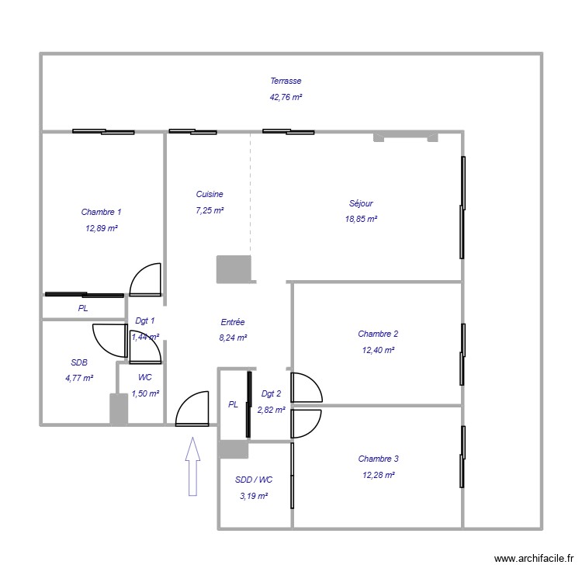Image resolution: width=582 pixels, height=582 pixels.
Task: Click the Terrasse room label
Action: (286, 81)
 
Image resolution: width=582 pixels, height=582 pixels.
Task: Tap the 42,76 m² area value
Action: (286, 98)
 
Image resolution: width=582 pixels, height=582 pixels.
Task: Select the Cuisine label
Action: (210, 195)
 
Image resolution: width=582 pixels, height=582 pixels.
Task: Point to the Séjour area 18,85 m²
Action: (361, 220)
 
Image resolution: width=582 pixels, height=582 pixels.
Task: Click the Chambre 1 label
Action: (101, 212)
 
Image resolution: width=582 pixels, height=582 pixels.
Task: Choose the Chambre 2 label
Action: (378, 334)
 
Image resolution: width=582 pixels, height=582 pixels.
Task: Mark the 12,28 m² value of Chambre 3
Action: (378, 475)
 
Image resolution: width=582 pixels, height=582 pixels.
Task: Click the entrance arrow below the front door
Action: (192, 466)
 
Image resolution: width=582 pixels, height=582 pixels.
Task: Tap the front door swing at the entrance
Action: (192, 408)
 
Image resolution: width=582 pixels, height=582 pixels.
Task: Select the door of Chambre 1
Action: (145, 280)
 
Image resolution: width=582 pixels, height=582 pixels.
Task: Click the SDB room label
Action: (79, 362)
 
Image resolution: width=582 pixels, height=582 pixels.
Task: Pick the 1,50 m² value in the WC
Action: (145, 393)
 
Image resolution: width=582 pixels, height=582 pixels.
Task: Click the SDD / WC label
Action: (254, 480)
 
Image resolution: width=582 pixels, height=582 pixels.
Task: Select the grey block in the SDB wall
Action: (119, 409)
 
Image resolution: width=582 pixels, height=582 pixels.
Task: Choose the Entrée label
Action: (233, 321)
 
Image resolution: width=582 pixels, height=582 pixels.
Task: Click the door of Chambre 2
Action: (306, 387)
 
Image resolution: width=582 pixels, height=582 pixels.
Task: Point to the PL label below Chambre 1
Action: (83, 308)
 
